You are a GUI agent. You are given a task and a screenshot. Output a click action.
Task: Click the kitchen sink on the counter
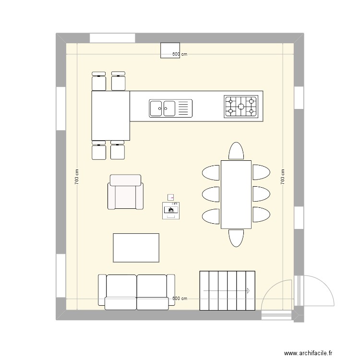170,108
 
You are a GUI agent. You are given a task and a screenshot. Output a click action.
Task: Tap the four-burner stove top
240,107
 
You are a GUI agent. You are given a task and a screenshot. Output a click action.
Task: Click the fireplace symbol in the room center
171,210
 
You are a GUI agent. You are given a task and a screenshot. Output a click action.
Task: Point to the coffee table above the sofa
136,248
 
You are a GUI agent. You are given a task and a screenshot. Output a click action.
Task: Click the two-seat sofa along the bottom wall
136,291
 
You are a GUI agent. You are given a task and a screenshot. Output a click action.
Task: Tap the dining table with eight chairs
236,194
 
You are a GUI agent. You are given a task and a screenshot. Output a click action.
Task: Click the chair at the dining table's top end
236,151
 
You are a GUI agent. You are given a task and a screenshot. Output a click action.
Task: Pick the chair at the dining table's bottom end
236,238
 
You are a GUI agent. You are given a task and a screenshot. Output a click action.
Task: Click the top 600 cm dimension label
180,54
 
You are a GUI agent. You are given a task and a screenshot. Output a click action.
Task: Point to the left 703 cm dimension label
77,177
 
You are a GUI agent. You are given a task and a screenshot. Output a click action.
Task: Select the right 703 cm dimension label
283,177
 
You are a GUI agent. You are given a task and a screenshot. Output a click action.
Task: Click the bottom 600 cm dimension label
180,299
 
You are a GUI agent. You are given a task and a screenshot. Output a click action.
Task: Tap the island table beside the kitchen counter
110,116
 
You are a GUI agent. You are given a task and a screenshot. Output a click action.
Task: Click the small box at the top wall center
170,49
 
